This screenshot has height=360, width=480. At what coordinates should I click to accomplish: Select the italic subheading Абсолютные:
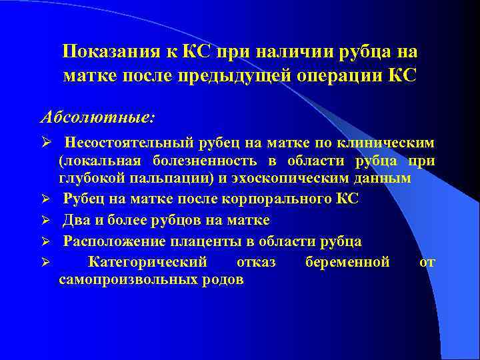[x=97, y=117]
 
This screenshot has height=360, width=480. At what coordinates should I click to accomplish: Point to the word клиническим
[x=387, y=143]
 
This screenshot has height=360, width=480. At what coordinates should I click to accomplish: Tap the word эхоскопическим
[x=297, y=179]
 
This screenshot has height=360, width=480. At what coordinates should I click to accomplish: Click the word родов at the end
[x=224, y=279]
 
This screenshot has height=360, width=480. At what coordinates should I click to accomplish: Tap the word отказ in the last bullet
[x=256, y=262]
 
